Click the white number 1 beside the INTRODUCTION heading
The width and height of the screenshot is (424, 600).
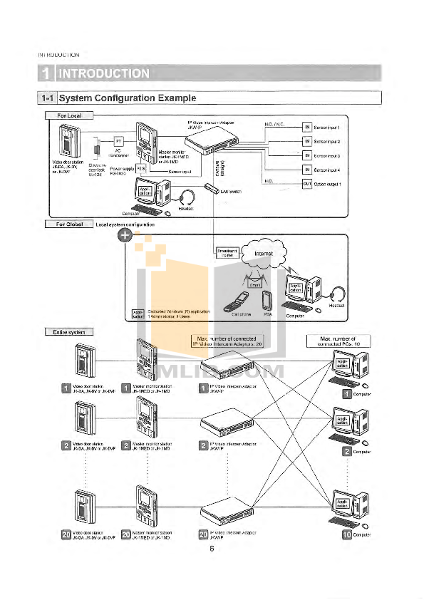[x=46, y=73]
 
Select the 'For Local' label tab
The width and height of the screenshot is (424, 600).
[x=69, y=115]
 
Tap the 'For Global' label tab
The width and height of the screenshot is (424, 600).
[x=69, y=224]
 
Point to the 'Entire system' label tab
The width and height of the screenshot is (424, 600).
[x=69, y=331]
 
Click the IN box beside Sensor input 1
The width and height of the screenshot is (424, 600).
[x=307, y=127]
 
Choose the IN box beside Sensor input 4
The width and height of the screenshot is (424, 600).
[x=307, y=170]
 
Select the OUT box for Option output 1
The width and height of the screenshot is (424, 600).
[x=307, y=184]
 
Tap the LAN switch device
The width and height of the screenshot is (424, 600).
[x=212, y=187]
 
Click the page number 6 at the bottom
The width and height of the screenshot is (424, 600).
[x=212, y=548]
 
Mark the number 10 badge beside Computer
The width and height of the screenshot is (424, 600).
[x=348, y=534]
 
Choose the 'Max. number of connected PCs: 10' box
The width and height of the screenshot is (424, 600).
[x=336, y=341]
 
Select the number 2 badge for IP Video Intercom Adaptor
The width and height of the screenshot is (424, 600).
[x=203, y=447]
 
